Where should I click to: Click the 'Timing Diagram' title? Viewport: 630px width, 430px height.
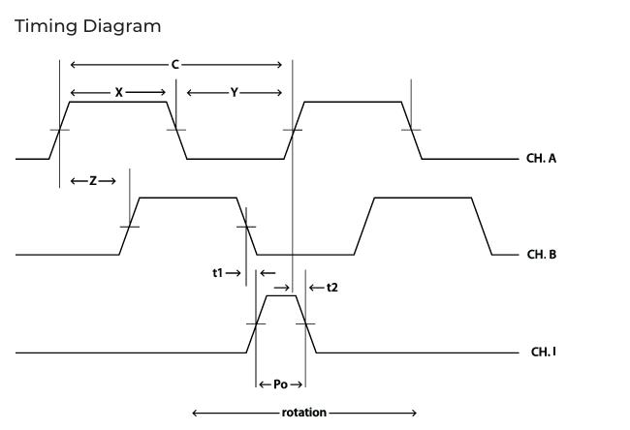click(88, 27)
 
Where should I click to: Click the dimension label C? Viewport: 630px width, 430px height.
click(175, 65)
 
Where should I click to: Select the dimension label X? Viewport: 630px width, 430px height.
click(118, 93)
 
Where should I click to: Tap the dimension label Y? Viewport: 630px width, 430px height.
click(235, 93)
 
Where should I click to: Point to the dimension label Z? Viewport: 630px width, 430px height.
click(93, 181)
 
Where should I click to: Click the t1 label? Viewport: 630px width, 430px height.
click(217, 273)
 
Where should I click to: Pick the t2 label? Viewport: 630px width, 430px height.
click(332, 288)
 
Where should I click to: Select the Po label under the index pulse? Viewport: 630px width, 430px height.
click(280, 384)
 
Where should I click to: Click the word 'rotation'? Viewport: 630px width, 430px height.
click(304, 413)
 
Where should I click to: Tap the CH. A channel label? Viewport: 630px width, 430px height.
click(541, 159)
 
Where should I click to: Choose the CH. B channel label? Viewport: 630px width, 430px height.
click(542, 255)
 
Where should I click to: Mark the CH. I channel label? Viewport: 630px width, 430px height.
click(544, 353)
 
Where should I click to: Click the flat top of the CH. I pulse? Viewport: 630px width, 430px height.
click(281, 296)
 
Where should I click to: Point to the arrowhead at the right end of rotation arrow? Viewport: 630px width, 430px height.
click(414, 413)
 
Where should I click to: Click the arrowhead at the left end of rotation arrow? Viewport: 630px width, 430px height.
click(195, 413)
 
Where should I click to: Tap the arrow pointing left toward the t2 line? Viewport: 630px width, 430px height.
click(317, 288)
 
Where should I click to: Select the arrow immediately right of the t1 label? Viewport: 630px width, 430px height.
click(234, 273)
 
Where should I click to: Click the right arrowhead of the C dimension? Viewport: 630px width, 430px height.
click(279, 65)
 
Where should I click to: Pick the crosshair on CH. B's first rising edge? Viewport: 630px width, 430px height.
click(129, 227)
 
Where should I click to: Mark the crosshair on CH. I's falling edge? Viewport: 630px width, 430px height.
click(305, 323)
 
